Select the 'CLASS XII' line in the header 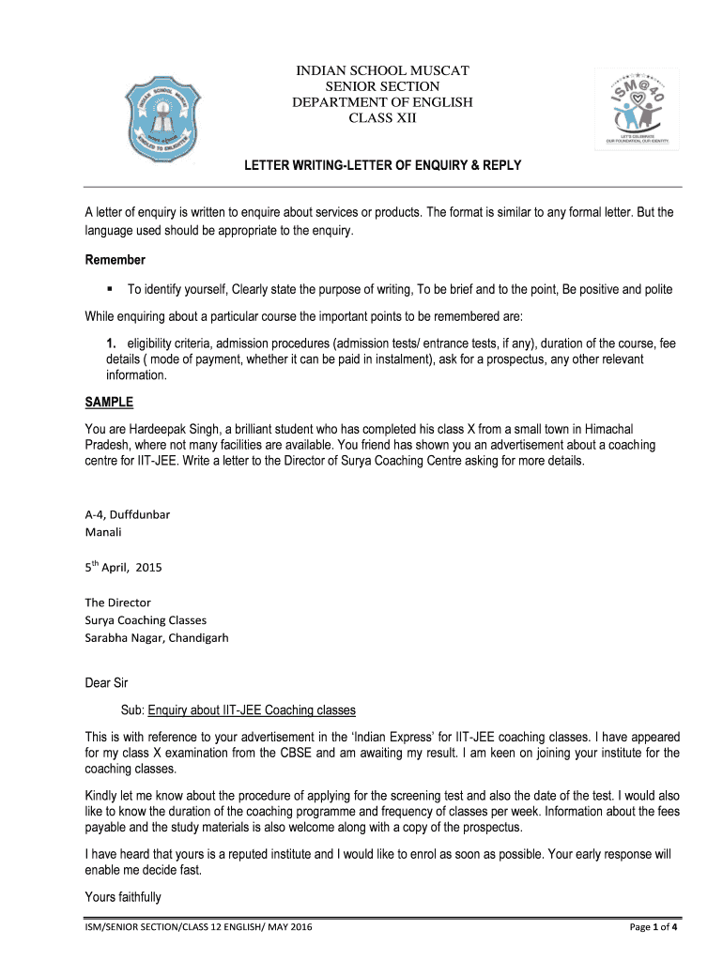coord(382,118)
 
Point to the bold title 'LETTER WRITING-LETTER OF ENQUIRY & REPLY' coord(382,166)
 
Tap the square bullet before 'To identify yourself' coord(110,289)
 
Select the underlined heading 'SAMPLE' coord(109,403)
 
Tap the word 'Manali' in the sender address coord(104,531)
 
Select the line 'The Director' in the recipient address coord(118,603)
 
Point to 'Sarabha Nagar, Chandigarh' coord(157,638)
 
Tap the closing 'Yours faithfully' coord(123,897)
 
